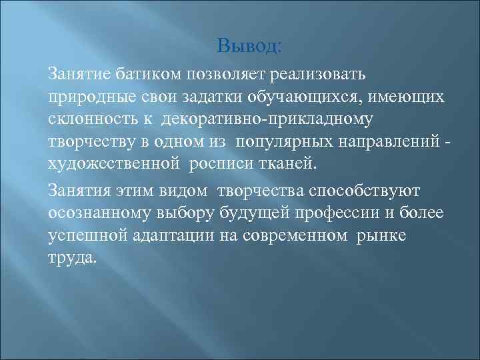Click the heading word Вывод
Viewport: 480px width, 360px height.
click(250, 47)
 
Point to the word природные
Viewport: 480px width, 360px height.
click(85, 98)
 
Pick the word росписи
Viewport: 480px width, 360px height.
click(219, 165)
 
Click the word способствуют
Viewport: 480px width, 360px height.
click(353, 192)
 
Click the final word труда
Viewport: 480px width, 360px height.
click(73, 259)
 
